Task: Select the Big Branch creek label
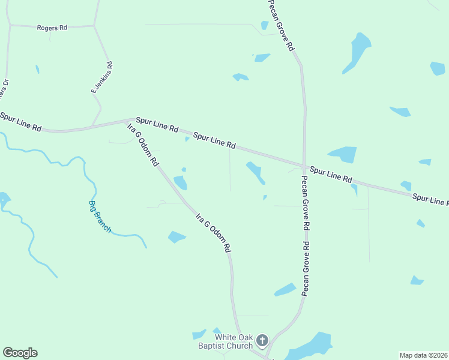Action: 100,216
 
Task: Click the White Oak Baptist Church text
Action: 225,341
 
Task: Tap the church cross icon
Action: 262,341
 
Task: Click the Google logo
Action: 20,353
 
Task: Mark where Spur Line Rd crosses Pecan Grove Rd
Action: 305,166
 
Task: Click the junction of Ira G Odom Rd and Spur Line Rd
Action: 130,122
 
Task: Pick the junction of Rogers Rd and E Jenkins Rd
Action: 94,26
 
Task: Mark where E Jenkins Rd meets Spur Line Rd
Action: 91,127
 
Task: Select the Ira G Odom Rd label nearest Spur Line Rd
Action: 143,145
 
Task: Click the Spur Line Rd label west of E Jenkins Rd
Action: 21,121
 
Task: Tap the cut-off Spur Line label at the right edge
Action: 430,200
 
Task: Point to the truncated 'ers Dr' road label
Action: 4,93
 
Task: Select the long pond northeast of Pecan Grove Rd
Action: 357,52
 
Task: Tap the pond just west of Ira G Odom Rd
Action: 180,182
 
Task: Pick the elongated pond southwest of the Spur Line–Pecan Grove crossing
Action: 256,173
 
